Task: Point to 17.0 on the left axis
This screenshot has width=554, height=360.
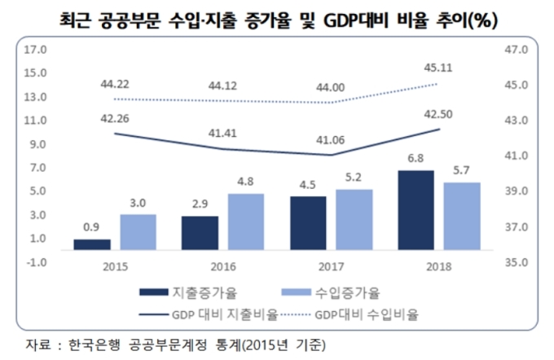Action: click(x=37, y=50)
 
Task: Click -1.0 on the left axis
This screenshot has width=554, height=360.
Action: click(x=37, y=262)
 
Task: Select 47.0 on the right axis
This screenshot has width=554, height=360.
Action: click(x=518, y=50)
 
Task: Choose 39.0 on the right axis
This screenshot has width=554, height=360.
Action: click(x=518, y=191)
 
